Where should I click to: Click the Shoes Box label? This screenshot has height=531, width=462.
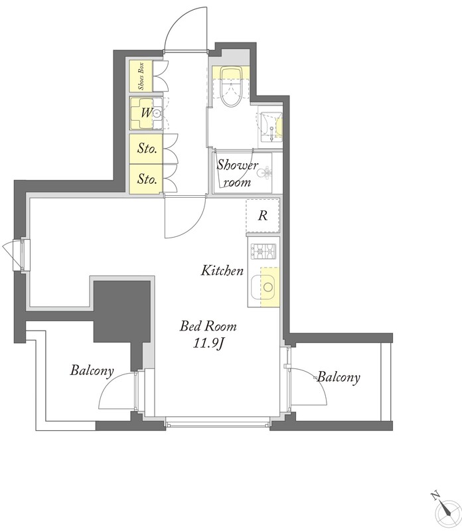pos(141,76)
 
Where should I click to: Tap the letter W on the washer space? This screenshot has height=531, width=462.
pos(146,112)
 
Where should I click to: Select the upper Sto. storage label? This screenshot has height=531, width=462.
pos(147,148)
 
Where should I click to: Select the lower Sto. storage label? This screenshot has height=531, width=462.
pos(147,179)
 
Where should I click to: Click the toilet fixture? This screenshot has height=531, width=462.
pos(231,86)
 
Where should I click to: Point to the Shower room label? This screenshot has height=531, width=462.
pos(237,173)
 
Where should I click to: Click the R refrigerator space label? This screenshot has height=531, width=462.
pos(262,215)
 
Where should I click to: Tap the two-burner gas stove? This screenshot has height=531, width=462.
pos(263,252)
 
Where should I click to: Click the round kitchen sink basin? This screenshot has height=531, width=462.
pos(268,287)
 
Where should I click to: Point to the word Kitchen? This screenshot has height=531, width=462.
pos(222,271)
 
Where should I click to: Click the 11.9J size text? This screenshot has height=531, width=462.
pos(208,344)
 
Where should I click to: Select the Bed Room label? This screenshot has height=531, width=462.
pos(208,326)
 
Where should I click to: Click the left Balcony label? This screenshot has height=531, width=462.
pos(92,371)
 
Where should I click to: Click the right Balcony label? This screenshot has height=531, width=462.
pos(338,377)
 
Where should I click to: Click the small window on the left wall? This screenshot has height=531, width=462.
pos(19,255)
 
